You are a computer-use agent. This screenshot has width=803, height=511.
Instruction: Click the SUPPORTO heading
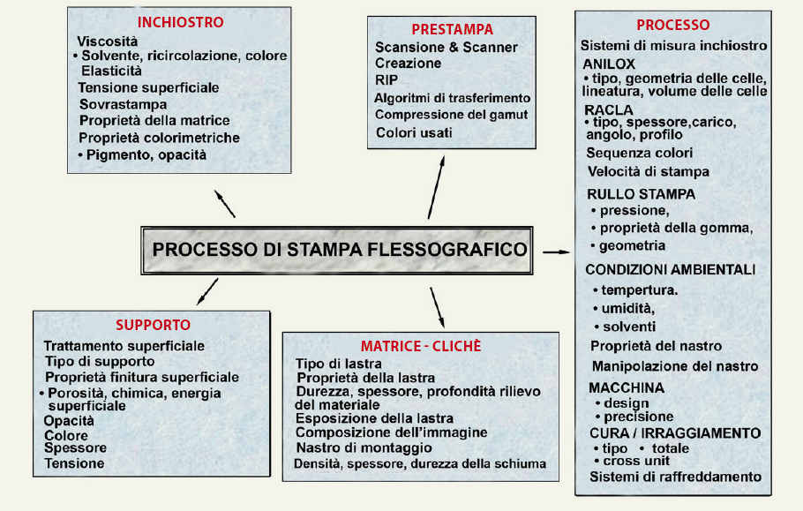(153, 325)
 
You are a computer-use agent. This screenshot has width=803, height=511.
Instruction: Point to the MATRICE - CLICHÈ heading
(421, 345)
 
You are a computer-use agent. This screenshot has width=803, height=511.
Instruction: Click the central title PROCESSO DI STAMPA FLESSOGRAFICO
(339, 250)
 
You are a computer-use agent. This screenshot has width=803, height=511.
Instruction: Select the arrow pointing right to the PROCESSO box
(555, 252)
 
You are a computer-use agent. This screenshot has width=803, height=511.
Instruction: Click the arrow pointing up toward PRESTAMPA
(436, 191)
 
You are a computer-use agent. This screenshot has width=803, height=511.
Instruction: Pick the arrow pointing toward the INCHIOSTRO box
(225, 202)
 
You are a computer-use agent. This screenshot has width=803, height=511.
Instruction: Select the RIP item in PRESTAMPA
(386, 79)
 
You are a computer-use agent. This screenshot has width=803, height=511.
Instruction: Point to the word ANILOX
(609, 64)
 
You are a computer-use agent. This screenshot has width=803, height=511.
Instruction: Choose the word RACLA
(609, 109)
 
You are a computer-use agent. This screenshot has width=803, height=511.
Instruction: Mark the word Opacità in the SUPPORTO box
(68, 420)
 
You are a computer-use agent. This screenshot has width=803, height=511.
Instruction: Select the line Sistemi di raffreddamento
(675, 477)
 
